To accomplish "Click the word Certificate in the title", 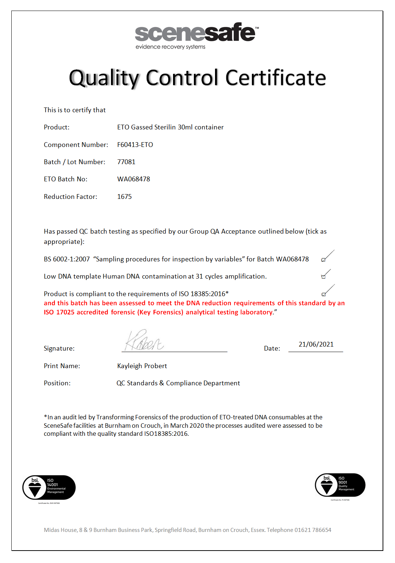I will coord(276,78).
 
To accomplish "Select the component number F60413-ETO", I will coord(135,145).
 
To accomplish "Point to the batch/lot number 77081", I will coord(126,162).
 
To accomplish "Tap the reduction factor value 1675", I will coord(124,197).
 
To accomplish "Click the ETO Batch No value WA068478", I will coord(134,179).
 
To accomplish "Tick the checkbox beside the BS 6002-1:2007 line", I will coord(323,260).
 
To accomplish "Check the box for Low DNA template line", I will coord(323,277).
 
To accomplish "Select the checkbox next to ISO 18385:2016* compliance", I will coord(324,294).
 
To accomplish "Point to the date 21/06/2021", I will coord(316,344).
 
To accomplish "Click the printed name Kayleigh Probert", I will coord(142,366).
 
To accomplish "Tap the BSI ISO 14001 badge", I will coord(49,488).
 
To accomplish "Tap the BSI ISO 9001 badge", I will coord(340,485).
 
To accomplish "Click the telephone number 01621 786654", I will coord(313,530).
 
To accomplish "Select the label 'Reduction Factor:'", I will coord(70,197).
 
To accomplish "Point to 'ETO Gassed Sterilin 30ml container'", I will coord(170,127).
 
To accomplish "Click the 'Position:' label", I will coord(57,383).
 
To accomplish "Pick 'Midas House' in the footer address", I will coord(61,530).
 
